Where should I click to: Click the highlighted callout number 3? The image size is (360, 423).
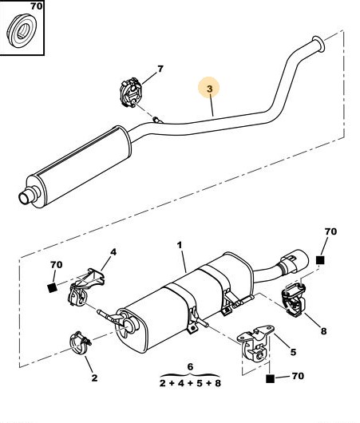click(210, 89)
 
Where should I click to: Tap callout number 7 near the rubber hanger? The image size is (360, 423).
click(160, 69)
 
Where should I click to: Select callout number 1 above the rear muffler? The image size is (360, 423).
click(180, 245)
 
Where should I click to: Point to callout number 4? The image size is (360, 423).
click(113, 252)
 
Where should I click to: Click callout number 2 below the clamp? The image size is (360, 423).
click(94, 378)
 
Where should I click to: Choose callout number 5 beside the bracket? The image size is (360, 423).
click(293, 352)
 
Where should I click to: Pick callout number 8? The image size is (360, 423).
click(323, 330)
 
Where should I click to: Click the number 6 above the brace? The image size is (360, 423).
click(190, 366)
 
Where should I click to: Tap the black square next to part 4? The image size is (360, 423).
click(52, 288)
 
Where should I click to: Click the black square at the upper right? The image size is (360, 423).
click(320, 260)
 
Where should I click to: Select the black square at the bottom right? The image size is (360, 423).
click(270, 378)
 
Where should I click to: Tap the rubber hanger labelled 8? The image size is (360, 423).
click(293, 299)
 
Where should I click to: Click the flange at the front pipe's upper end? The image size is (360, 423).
click(318, 43)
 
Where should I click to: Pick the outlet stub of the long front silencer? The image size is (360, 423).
click(26, 196)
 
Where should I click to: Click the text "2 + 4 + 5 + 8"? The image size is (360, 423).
click(190, 383)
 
